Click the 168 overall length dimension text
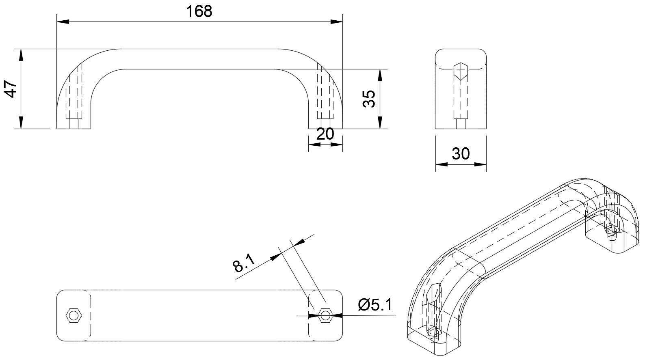pos(199,11)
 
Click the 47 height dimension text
pos(11,88)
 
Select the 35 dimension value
pos(368,99)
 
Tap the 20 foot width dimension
pos(325,134)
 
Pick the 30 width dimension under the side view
pos(461,153)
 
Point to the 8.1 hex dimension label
pos(243,263)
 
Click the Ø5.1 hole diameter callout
pos(375,304)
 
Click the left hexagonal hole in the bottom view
pos(74,315)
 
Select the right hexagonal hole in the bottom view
pos(325,315)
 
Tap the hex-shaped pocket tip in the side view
pos(461,71)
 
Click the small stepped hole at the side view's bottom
pos(461,123)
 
